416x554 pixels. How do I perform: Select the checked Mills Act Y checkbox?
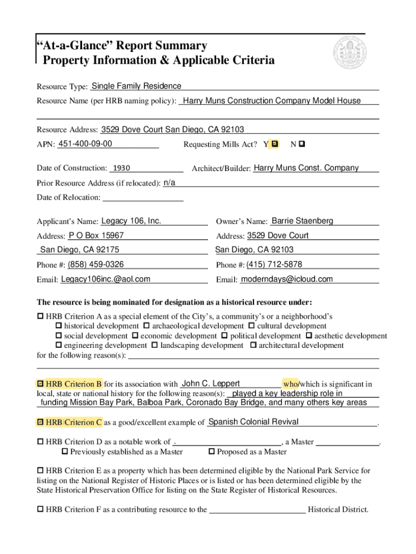pyautogui.click(x=275, y=144)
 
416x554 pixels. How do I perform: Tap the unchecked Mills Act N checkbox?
pyautogui.click(x=301, y=144)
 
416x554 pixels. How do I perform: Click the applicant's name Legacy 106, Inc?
pyautogui.click(x=131, y=221)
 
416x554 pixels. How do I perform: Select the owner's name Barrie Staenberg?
pyautogui.click(x=303, y=221)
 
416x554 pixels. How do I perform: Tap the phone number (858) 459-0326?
pyautogui.click(x=96, y=264)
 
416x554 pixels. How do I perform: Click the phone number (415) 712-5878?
pyautogui.click(x=274, y=264)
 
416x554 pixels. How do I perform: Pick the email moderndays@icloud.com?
pyautogui.click(x=286, y=279)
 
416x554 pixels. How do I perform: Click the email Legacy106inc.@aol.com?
pyautogui.click(x=105, y=279)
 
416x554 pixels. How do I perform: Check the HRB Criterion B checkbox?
pyautogui.click(x=40, y=384)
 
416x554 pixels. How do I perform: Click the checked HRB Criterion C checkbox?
pyautogui.click(x=40, y=422)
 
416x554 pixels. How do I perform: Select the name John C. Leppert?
pyautogui.click(x=211, y=384)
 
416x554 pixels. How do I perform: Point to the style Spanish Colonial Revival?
pyautogui.click(x=253, y=421)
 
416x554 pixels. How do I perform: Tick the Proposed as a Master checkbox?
pyautogui.click(x=212, y=452)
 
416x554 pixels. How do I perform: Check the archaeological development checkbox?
pyautogui.click(x=146, y=326)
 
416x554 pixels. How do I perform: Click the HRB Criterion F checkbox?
pyautogui.click(x=40, y=509)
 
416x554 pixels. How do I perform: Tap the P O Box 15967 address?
pyautogui.click(x=96, y=235)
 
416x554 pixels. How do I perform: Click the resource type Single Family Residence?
pyautogui.click(x=136, y=86)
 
